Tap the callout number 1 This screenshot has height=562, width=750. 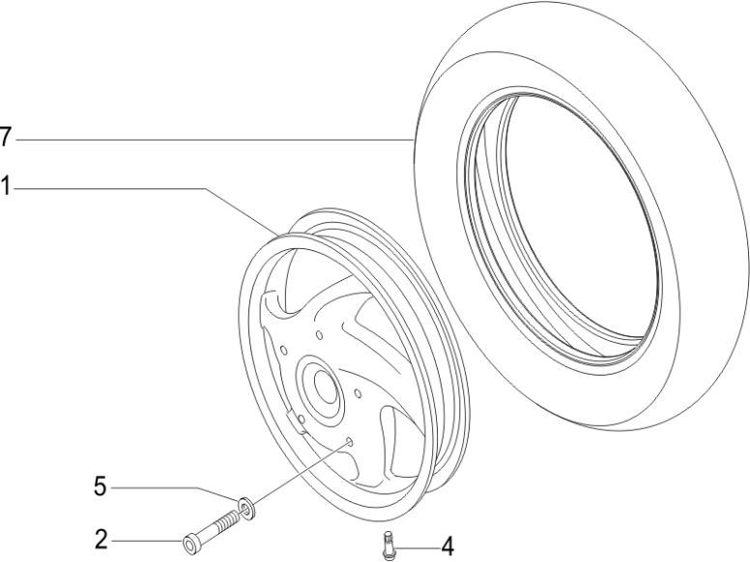(x=6, y=187)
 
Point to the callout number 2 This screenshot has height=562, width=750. (x=101, y=540)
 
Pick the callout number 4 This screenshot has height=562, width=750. (x=447, y=547)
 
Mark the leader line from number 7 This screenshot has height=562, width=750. (x=213, y=140)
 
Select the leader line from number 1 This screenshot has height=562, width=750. (x=116, y=188)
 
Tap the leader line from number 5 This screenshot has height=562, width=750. (x=174, y=490)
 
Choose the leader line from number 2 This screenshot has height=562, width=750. (x=145, y=541)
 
